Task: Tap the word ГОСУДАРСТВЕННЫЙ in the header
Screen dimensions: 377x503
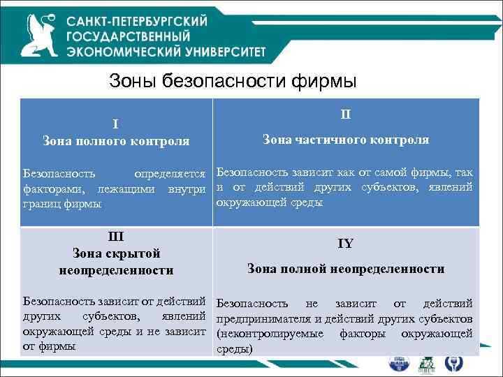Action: pos(129,36)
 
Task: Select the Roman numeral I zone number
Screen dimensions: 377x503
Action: pos(115,124)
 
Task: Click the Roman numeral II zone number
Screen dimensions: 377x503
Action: pos(346,113)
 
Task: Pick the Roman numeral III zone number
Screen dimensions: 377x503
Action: pos(115,236)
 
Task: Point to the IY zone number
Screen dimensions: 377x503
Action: pos(346,244)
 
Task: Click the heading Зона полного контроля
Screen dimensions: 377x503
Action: pos(115,142)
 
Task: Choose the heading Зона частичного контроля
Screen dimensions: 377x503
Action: pos(346,140)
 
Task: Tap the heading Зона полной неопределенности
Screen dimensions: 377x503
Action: pos(346,269)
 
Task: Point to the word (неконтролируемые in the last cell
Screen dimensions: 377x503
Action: pos(270,334)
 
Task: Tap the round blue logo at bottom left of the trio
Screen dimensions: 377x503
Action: pos(400,364)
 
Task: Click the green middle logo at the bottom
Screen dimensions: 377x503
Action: pos(427,364)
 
